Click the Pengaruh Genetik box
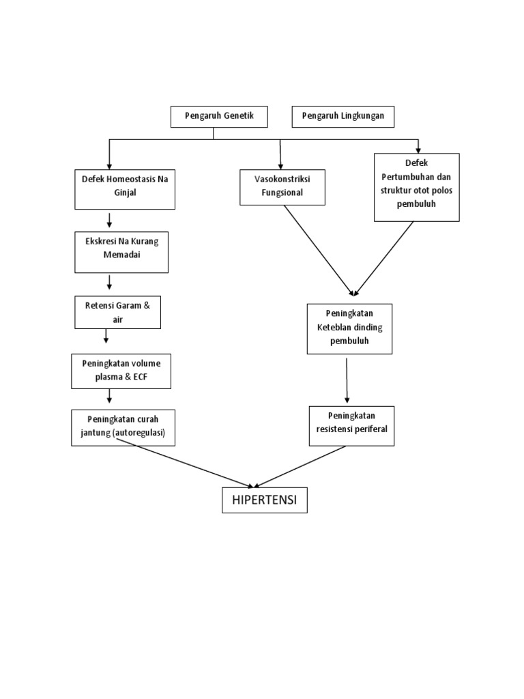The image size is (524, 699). point(219,117)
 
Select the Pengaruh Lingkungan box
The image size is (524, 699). point(343,117)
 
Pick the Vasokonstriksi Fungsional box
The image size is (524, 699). point(282,187)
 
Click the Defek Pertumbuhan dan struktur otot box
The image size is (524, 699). point(416,187)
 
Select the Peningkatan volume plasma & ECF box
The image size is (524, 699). point(121,371)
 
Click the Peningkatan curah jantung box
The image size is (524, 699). point(123,427)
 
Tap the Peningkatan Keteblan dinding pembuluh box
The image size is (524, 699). point(349,329)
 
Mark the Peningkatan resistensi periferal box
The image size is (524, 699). point(351,426)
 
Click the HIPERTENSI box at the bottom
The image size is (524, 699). point(265,500)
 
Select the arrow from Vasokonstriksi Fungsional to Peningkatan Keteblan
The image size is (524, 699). point(318,250)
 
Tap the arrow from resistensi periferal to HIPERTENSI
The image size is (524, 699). point(302,466)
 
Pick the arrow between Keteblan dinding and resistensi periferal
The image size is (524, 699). point(347,380)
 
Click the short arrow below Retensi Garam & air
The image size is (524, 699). point(106,337)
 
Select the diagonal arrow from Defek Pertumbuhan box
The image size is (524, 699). point(385,258)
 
